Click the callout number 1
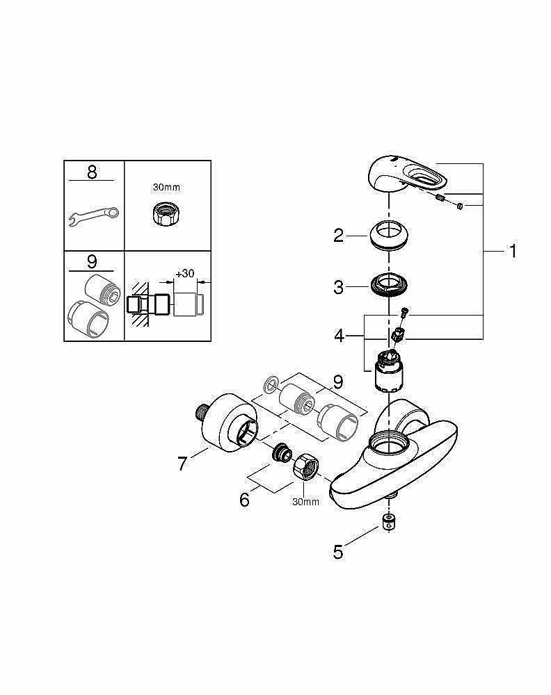(513, 251)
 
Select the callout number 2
(338, 236)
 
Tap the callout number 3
(338, 287)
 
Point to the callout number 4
(339, 336)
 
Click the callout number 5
(338, 552)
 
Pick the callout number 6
(244, 500)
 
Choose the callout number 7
(182, 463)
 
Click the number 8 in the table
(93, 172)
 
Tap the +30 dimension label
(184, 274)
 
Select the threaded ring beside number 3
(388, 286)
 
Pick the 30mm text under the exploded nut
(305, 501)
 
